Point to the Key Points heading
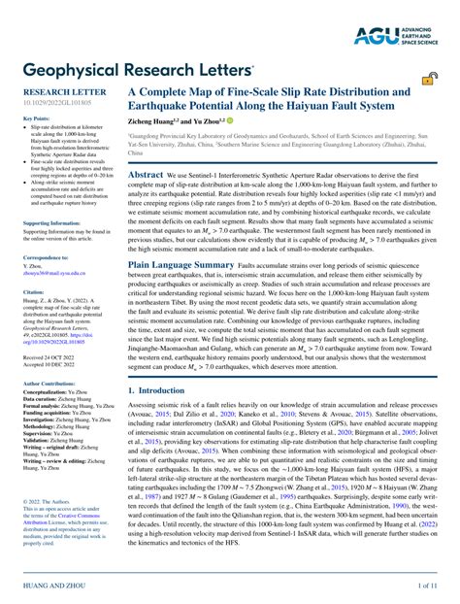[36, 117]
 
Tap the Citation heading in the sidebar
[34, 290]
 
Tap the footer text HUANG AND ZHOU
[52, 586]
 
